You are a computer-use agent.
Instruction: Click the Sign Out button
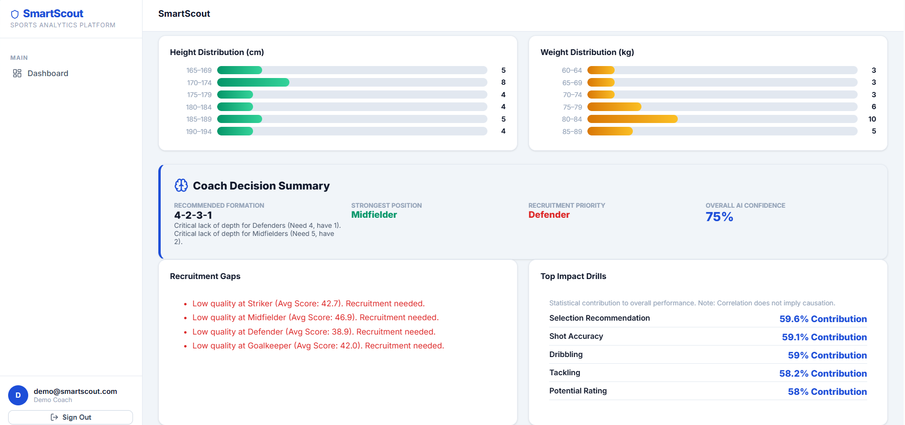click(70, 417)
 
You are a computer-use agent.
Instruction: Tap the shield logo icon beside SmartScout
click(15, 14)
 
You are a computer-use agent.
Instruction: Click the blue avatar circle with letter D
click(18, 395)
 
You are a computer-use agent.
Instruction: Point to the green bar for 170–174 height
click(253, 82)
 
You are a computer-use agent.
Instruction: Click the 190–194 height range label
click(199, 132)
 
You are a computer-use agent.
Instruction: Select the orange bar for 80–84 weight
click(632, 119)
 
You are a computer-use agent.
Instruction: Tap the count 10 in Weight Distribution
click(872, 119)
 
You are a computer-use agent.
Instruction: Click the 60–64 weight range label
click(572, 70)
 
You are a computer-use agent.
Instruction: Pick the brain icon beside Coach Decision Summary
click(181, 185)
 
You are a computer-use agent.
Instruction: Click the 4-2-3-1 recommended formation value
click(193, 215)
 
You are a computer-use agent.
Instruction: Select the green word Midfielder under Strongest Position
click(374, 215)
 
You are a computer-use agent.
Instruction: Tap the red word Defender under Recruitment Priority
click(549, 215)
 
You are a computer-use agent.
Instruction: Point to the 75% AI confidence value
click(719, 217)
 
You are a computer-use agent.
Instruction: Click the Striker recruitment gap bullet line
click(308, 303)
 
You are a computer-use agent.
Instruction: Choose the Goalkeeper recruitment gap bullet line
click(318, 346)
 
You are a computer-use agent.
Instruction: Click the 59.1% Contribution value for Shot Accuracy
click(824, 337)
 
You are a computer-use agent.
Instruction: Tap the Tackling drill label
click(564, 372)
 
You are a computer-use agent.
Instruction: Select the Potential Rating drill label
click(578, 391)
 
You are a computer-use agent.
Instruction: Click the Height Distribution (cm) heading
click(217, 52)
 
